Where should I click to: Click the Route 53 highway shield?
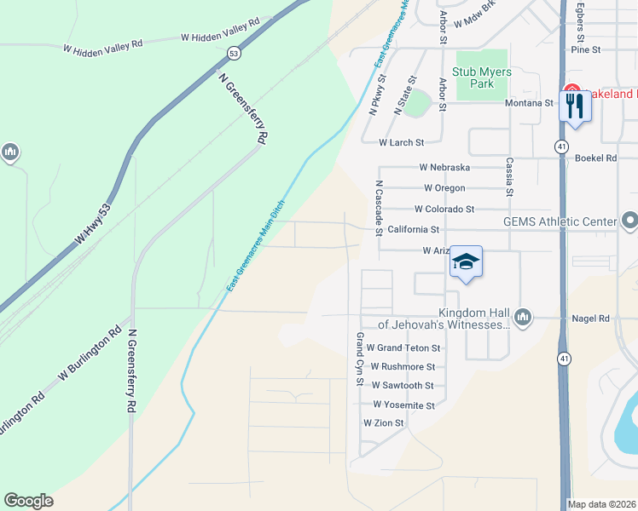pyautogui.click(x=233, y=53)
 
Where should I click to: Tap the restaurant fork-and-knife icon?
pyautogui.click(x=574, y=106)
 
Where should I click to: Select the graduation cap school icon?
pyautogui.click(x=467, y=261)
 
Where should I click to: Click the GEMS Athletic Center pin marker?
pyautogui.click(x=629, y=221)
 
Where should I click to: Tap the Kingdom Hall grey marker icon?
pyautogui.click(x=524, y=318)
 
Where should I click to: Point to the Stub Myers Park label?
pyautogui.click(x=484, y=78)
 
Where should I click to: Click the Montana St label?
pyautogui.click(x=530, y=103)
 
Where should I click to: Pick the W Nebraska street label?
pyautogui.click(x=444, y=168)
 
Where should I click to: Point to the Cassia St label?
pyautogui.click(x=509, y=176)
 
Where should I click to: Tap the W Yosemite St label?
pyautogui.click(x=403, y=405)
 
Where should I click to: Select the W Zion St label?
pyautogui.click(x=384, y=422)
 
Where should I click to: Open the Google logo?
pyautogui.click(x=28, y=501)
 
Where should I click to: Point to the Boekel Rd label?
pyautogui.click(x=596, y=158)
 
